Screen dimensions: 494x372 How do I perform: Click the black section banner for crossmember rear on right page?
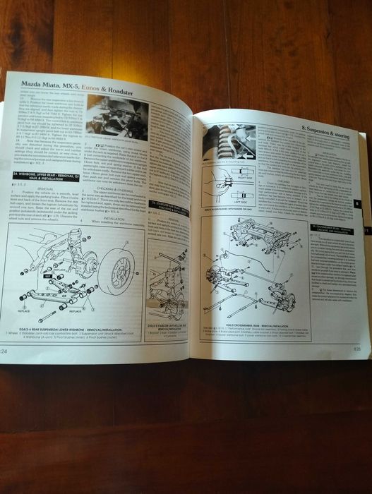tap(329, 229)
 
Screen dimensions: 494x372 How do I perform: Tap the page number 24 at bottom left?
tap(6, 350)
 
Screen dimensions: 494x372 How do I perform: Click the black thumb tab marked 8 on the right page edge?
tap(357, 203)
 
